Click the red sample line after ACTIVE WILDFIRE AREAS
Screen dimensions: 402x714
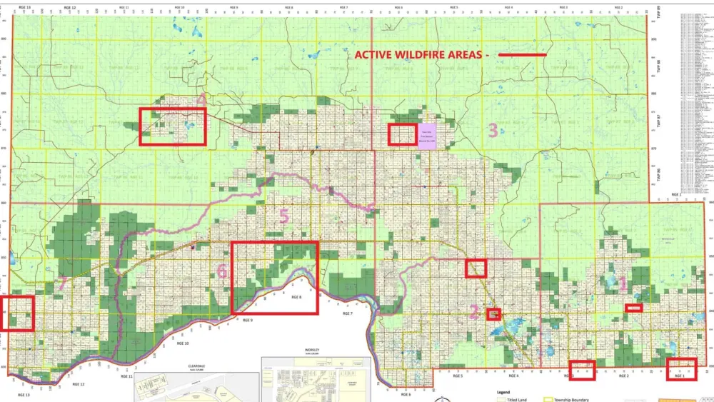pos(522,55)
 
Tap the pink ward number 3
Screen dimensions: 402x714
pos(493,130)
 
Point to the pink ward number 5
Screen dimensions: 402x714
pos(284,216)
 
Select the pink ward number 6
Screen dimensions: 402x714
pos(222,271)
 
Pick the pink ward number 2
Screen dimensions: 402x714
pos(474,311)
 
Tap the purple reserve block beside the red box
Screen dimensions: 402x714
pos(427,134)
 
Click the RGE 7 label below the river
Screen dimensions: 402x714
pos(348,313)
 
